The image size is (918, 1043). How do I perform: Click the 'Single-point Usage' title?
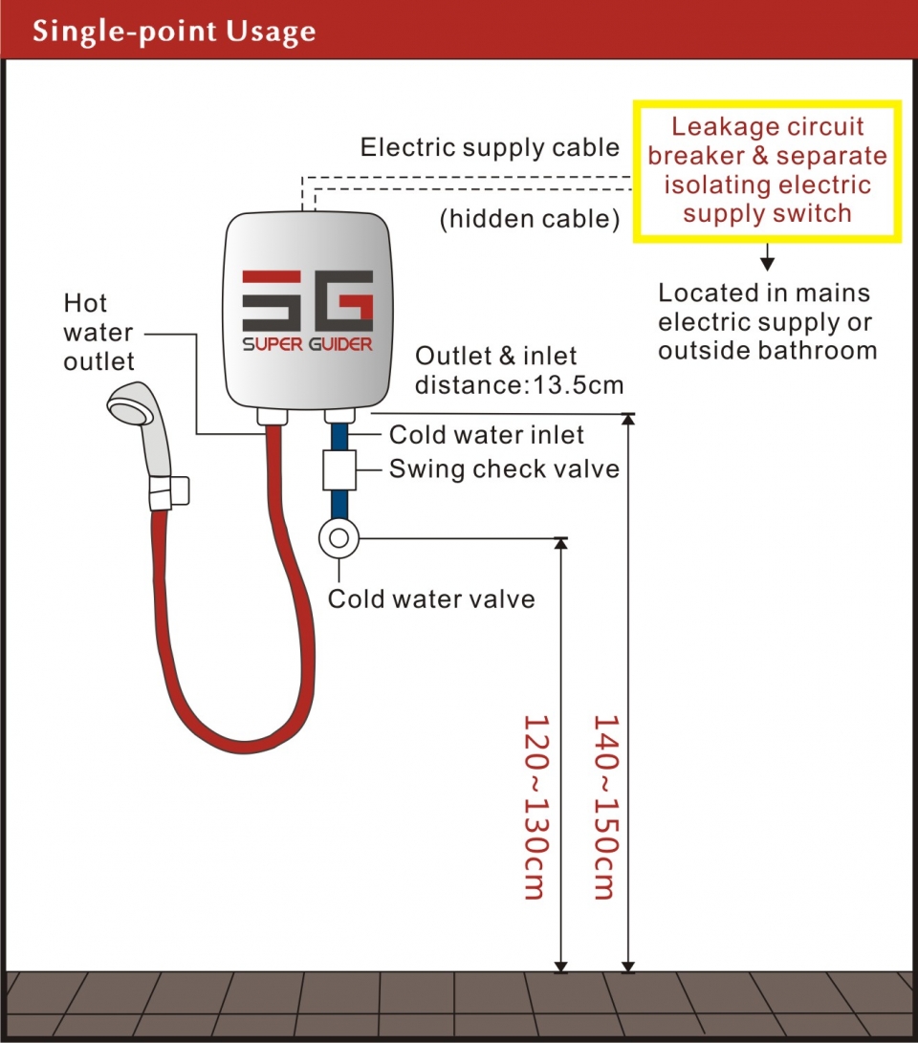173,31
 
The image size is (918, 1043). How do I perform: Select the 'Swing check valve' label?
504,469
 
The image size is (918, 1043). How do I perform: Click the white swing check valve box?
338,469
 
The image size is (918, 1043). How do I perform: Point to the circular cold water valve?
338,538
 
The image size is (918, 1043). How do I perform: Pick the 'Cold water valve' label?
431,599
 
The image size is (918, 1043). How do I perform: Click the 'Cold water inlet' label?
487,435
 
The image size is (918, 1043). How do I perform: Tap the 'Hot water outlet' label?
98,333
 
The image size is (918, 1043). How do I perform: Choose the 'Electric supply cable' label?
490,148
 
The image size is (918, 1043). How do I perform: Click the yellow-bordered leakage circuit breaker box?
767,170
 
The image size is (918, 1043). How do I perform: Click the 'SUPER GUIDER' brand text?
307,344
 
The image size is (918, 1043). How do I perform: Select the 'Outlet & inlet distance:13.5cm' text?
518,371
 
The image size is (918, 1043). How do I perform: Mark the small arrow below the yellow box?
766,259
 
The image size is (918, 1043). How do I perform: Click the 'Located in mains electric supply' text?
766,321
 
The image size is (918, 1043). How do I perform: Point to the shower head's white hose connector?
169,492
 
